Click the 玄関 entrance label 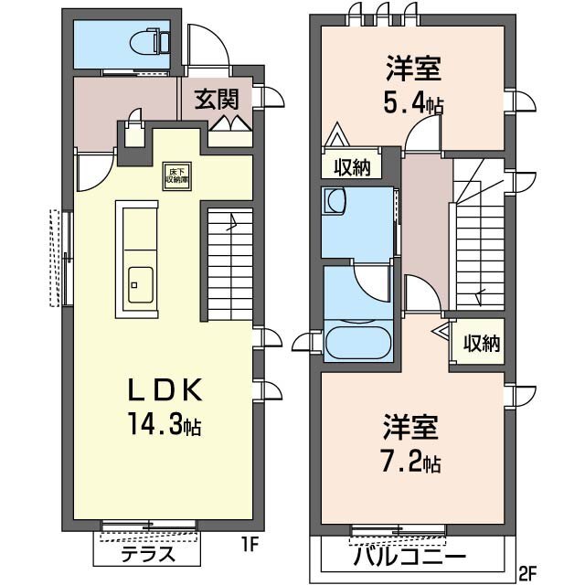tap(217, 98)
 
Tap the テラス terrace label tap(146, 555)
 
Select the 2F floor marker tap(527, 574)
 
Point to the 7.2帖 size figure tap(410, 463)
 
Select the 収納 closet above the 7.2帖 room tap(480, 344)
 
